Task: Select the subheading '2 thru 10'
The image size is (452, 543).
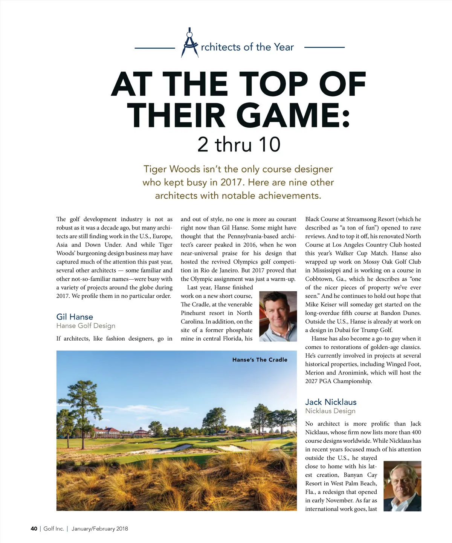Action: pos(239,144)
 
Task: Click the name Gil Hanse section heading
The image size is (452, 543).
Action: pos(75,317)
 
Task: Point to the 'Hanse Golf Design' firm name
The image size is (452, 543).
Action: pos(86,326)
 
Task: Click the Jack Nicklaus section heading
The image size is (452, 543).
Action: pos(331,402)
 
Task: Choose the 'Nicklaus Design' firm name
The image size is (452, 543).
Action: pos(330,411)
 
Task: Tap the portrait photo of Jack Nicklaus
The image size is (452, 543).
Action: pos(402,486)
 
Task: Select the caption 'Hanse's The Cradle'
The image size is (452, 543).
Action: pos(260,360)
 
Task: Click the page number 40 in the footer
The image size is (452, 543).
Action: pos(34,529)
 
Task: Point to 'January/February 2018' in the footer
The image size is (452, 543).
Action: pos(100,529)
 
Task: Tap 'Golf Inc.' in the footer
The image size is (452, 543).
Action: pos(53,529)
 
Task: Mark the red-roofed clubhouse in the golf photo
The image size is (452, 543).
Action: pos(108,433)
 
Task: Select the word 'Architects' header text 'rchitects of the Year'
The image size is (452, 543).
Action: pos(247,47)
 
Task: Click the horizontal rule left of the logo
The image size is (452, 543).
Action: pos(155,48)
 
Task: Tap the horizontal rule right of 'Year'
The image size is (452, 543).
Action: pos(324,47)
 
